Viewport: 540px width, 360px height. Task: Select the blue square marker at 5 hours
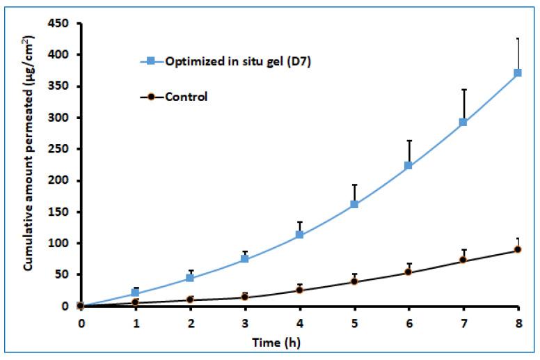pos(354,204)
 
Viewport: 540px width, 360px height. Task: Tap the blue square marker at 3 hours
pos(245,258)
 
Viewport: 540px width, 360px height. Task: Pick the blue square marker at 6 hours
pos(408,165)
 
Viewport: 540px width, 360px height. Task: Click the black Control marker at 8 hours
pos(518,249)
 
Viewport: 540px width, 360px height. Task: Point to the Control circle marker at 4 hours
pos(299,290)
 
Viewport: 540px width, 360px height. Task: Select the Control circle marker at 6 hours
pos(408,272)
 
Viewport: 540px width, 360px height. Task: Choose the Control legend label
pos(186,97)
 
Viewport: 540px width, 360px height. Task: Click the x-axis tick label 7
pos(463,322)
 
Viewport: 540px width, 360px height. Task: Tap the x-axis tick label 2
pos(191,322)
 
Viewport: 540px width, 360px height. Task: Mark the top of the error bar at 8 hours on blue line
pos(518,38)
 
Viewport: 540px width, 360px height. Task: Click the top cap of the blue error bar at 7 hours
pos(463,89)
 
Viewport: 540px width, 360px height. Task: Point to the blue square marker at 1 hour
pos(136,292)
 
